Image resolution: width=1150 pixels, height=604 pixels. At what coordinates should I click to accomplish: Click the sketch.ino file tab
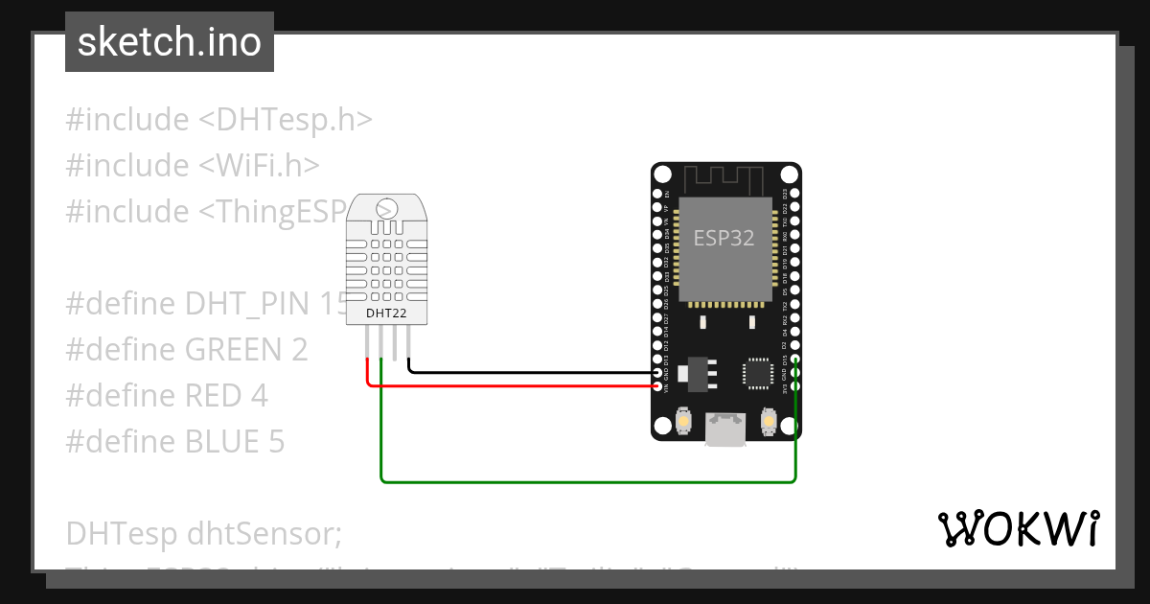pyautogui.click(x=170, y=42)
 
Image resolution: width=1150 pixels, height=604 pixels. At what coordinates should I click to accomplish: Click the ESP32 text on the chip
pyautogui.click(x=724, y=238)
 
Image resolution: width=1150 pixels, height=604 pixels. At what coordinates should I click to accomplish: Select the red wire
pyautogui.click(x=517, y=386)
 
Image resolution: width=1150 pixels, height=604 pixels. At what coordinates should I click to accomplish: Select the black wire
pyautogui.click(x=527, y=371)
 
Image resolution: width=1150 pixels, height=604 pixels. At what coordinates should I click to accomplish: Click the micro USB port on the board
pyautogui.click(x=725, y=429)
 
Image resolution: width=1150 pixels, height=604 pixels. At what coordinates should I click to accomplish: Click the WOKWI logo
pyautogui.click(x=1018, y=528)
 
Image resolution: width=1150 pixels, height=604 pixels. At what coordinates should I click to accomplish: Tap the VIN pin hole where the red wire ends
pyautogui.click(x=658, y=386)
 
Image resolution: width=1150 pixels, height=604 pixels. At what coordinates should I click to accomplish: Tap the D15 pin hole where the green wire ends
pyautogui.click(x=794, y=361)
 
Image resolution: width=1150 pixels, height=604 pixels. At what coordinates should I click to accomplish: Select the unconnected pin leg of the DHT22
pyautogui.click(x=396, y=342)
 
